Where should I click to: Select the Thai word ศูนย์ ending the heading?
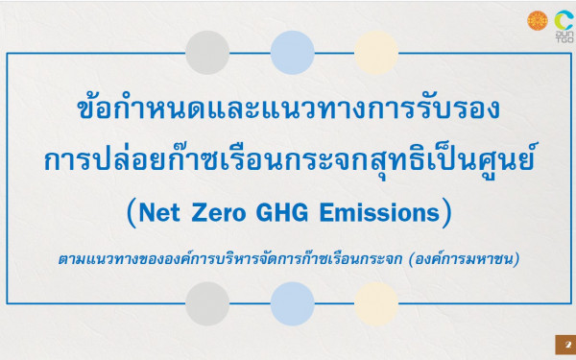tap(509, 159)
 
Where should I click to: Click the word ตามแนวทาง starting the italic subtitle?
tap(91, 258)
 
